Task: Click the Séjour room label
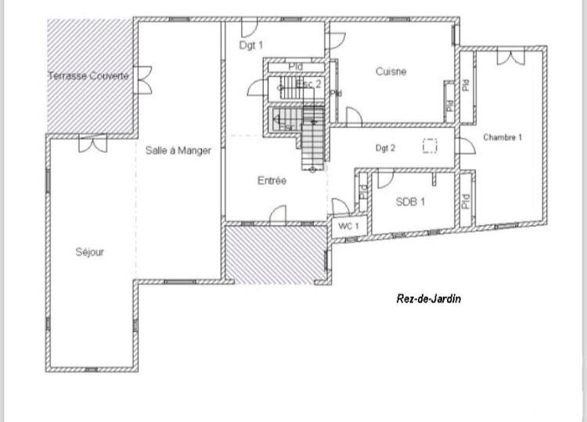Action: pos(90,252)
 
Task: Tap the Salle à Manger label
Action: pos(178,151)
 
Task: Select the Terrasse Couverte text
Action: pos(88,76)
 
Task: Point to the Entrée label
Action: pos(272,181)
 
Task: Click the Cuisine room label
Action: pos(391,72)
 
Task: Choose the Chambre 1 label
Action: pos(502,138)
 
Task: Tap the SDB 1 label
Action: pos(410,202)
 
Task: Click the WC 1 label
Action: pos(348,226)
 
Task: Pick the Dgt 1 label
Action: pos(251,45)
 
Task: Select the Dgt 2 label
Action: pos(385,147)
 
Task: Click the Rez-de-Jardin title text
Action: pos(429,298)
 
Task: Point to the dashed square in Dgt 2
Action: pos(430,146)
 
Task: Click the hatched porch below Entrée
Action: pos(275,253)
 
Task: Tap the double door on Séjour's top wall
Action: pos(92,143)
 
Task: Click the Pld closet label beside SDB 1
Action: pos(465,201)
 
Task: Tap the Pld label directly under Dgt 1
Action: pos(295,67)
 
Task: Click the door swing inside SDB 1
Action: pos(385,181)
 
